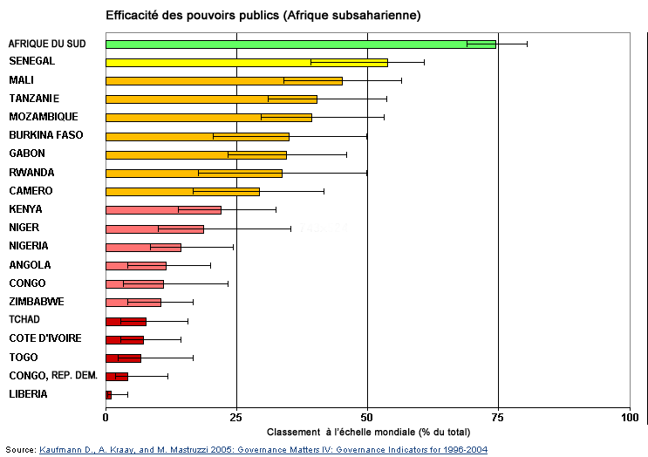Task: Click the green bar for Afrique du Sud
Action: point(300,44)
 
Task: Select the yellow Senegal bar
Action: point(246,62)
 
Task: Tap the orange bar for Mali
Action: point(223,80)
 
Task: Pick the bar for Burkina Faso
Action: point(197,136)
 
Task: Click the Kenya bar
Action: point(163,209)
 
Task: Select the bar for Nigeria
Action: point(143,247)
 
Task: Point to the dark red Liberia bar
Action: point(108,395)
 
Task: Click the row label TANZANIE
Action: point(34,99)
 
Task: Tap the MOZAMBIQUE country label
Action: point(43,117)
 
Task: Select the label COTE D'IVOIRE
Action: point(44,338)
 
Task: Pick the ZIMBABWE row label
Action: point(36,302)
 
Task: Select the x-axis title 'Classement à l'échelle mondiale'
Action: point(368,432)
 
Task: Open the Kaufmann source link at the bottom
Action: point(263,450)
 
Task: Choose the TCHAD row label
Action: point(24,320)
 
